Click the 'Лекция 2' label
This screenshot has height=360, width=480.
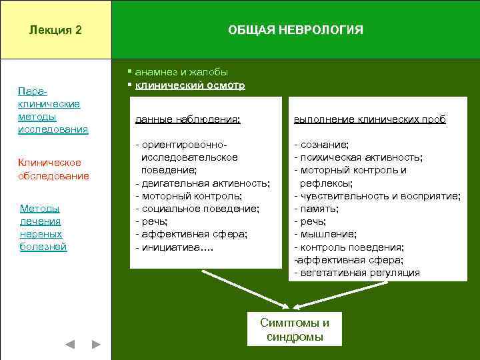[x=55, y=30]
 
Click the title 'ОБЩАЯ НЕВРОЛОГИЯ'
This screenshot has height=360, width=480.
[x=295, y=30]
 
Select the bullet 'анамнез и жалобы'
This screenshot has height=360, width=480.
[x=181, y=72]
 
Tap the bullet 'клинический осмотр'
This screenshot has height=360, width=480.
[x=189, y=85]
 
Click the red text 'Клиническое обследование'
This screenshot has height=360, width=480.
[x=53, y=169]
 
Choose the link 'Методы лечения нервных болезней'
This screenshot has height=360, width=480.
[x=43, y=228]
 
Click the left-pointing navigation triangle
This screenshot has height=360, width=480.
[x=69, y=345]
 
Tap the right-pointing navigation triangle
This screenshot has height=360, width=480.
[x=96, y=345]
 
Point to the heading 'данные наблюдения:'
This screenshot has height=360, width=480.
[x=187, y=119]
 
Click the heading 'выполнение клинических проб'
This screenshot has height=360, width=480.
[x=370, y=119]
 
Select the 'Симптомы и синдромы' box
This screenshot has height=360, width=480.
[x=294, y=329]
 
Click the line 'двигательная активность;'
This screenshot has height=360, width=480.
[x=203, y=183]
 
